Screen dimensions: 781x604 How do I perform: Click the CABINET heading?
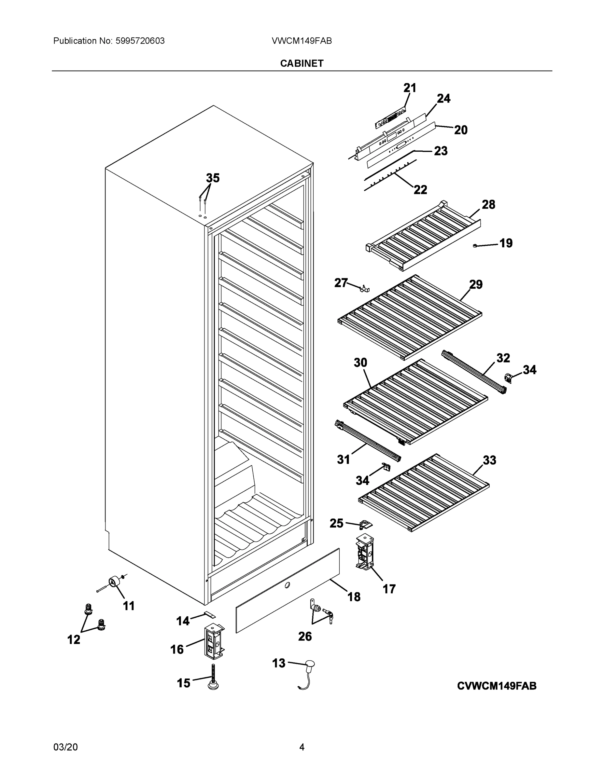pos(302,63)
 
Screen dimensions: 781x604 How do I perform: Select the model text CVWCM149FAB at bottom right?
pos(497,686)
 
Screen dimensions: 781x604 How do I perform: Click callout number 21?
pos(410,88)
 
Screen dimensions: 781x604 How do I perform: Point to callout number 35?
pos(213,178)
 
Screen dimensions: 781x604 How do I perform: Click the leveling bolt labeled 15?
pos(214,678)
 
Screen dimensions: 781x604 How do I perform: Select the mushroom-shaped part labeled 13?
pos(310,664)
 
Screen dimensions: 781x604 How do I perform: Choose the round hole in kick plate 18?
pos(287,585)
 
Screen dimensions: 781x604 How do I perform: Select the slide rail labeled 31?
pos(368,441)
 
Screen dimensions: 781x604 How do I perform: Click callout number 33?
pos(489,460)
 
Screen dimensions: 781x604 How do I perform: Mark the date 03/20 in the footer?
pos(65,747)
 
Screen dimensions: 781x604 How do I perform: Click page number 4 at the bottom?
pos(302,747)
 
